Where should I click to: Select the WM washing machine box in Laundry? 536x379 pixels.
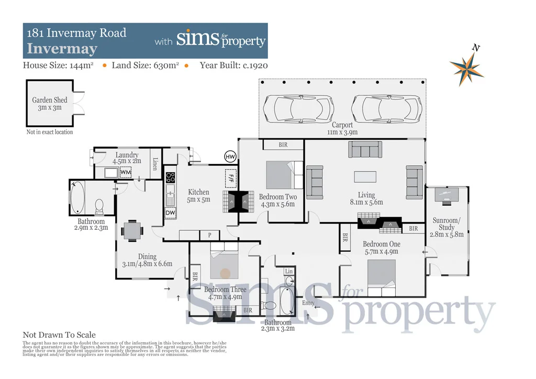(126, 172)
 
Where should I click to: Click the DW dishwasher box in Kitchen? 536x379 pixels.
(170, 213)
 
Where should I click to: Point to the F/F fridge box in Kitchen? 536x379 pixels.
(230, 178)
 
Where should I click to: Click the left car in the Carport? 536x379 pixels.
(298, 108)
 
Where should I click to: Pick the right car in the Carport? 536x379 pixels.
(386, 108)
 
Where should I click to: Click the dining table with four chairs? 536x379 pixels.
(131, 230)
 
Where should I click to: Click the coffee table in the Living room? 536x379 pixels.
(365, 176)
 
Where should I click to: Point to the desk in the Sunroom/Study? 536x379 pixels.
(446, 195)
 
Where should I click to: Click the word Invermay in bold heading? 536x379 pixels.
(62, 49)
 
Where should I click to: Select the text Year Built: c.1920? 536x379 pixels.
(233, 65)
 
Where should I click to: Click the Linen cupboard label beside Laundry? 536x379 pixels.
(155, 163)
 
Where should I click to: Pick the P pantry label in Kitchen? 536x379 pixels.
(209, 236)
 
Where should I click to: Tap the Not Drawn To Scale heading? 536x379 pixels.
(59, 335)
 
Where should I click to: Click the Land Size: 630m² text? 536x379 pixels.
(146, 65)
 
